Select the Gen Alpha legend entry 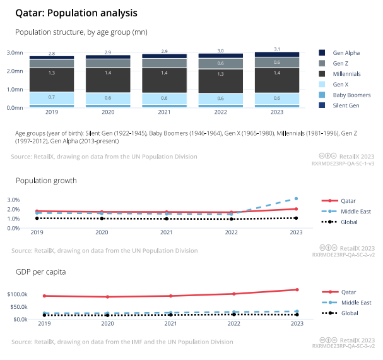coord(346,53)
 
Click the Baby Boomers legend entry coord(351,95)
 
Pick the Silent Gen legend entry coord(346,105)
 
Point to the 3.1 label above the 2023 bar coord(278,49)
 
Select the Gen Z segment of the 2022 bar coord(220,64)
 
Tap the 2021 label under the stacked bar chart coord(165,113)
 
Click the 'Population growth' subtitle coord(46,181)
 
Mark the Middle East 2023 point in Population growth coord(296,198)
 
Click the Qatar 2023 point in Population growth coord(296,209)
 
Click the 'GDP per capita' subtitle coord(40,272)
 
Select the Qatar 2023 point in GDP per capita coord(296,290)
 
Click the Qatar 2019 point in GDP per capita coord(44,296)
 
